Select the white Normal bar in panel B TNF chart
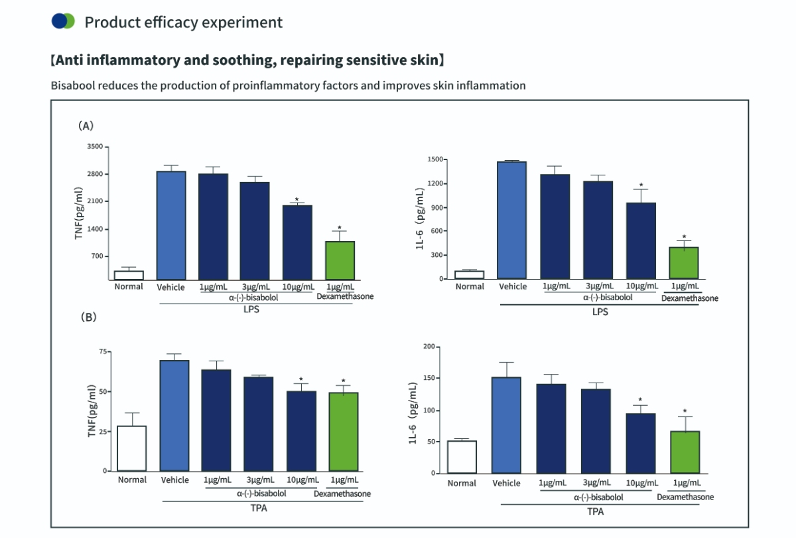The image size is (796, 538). tap(131, 448)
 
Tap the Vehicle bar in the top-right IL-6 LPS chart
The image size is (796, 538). tap(512, 220)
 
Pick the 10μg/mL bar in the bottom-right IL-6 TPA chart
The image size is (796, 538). tap(641, 443)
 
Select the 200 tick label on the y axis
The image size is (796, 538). tap(429, 347)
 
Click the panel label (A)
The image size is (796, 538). tap(86, 125)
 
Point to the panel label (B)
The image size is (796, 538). tap(88, 317)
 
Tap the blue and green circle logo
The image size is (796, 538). tap(63, 21)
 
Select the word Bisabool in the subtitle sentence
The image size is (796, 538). tap(73, 86)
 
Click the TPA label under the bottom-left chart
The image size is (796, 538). tap(259, 508)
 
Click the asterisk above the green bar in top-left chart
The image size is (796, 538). tap(340, 228)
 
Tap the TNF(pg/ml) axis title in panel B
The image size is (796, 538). tap(92, 411)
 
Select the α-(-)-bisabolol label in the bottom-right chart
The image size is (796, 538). tap(598, 497)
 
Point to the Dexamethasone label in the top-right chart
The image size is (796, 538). tap(690, 299)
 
